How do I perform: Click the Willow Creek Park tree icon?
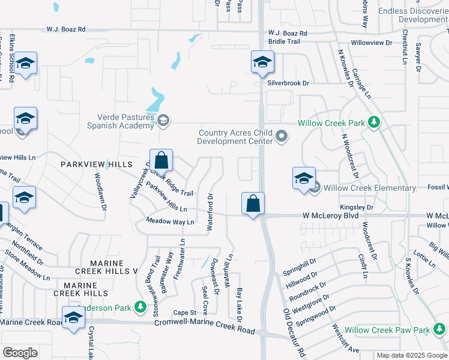pyautogui.click(x=375, y=123)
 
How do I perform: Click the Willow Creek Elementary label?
pyautogui.click(x=369, y=188)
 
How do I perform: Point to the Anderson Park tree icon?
pyautogui.click(x=140, y=308)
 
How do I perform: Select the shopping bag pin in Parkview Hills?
pyautogui.click(x=161, y=160)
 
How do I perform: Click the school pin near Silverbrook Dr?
pyautogui.click(x=262, y=62)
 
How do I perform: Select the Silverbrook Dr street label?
pyautogui.click(x=288, y=83)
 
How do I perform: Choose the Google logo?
pyautogui.click(x=20, y=353)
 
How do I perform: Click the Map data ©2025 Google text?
pyautogui.click(x=412, y=355)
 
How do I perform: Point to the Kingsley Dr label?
pyautogui.click(x=357, y=208)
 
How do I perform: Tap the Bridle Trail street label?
pyautogui.click(x=285, y=41)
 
